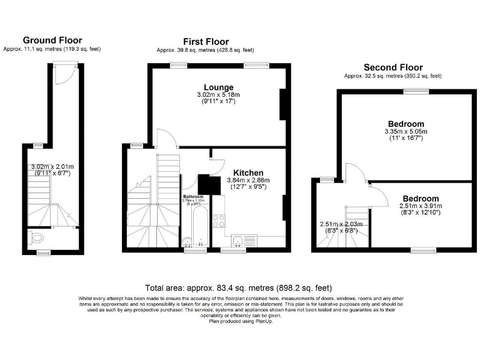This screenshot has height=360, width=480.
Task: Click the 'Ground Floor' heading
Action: pos(52,40)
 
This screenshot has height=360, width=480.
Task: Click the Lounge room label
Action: pos(218,87)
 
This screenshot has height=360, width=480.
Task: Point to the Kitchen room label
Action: pos(248,172)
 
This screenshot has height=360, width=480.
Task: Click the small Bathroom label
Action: pos(193,196)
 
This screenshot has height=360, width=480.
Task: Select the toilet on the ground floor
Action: pos(37,237)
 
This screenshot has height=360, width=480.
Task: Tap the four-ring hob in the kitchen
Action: pos(219,220)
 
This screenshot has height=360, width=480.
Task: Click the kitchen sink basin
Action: pos(237,241)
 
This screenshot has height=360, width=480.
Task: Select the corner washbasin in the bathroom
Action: pos(187,242)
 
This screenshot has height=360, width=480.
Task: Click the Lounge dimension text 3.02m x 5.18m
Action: pos(218,94)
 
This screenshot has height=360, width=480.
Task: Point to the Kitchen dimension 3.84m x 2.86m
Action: pos(248,180)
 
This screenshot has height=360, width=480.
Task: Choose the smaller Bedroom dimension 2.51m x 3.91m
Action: pos(421,206)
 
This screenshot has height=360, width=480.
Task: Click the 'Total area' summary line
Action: pos(239,288)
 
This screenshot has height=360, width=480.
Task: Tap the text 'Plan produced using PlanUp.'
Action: pos(240,321)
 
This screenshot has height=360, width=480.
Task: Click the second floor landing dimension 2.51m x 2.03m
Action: pos(341,224)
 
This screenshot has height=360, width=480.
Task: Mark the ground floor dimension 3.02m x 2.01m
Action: pos(52,166)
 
